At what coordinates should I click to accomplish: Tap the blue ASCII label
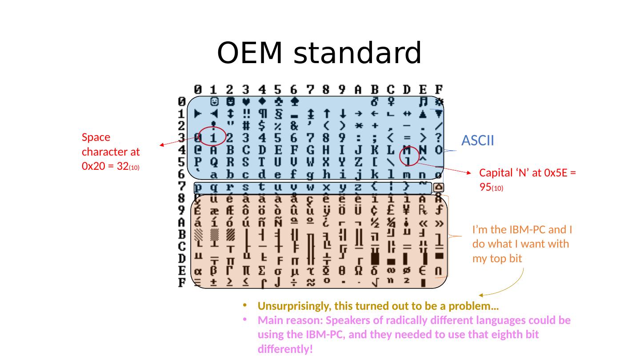click(x=478, y=141)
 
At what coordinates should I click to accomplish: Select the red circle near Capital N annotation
click(x=409, y=156)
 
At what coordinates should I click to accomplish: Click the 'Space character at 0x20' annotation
click(x=111, y=152)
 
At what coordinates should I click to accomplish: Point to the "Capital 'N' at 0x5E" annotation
click(x=528, y=180)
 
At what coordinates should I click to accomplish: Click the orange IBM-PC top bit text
click(x=522, y=244)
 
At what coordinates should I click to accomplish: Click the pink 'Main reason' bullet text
click(x=414, y=334)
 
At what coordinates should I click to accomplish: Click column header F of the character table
click(x=438, y=89)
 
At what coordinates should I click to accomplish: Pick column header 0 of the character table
click(x=198, y=89)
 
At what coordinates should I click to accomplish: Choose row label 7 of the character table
click(x=182, y=186)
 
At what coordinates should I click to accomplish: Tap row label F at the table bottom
click(x=182, y=282)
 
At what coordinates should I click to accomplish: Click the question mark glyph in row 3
click(x=438, y=137)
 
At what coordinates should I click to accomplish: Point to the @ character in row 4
click(x=198, y=149)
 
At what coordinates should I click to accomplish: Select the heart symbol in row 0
click(x=246, y=101)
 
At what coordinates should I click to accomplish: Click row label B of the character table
click(x=182, y=234)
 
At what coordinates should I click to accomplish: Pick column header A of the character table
click(x=358, y=89)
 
